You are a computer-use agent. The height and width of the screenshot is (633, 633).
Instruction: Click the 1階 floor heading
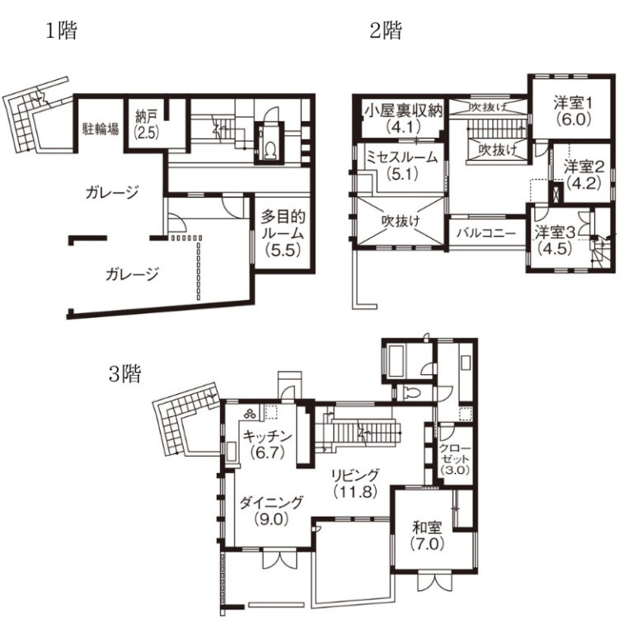pyautogui.click(x=61, y=30)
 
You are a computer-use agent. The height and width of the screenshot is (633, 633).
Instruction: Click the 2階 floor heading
pyautogui.click(x=386, y=30)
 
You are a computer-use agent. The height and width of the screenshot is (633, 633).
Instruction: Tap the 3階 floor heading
pyautogui.click(x=125, y=374)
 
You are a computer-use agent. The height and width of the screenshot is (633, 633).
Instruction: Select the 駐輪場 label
pyautogui.click(x=101, y=129)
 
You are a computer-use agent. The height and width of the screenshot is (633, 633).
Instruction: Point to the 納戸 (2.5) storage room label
pyautogui.click(x=146, y=124)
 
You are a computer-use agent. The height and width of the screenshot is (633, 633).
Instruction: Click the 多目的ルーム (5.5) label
pyautogui.click(x=283, y=234)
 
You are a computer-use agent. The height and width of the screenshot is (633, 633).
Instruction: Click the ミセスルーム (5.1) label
pyautogui.click(x=401, y=166)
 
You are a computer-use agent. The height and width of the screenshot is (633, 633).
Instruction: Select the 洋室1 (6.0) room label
pyautogui.click(x=574, y=111)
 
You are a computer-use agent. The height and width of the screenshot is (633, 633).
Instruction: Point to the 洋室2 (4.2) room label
pyautogui.click(x=584, y=175)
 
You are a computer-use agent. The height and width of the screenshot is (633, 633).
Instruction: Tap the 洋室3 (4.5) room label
pyautogui.click(x=555, y=241)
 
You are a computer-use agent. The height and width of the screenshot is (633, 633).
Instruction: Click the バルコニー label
pyautogui.click(x=486, y=233)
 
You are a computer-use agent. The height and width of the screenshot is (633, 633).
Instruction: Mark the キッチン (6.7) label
pyautogui.click(x=267, y=444)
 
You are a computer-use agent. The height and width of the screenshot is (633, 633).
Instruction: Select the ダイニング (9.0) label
pyautogui.click(x=271, y=511)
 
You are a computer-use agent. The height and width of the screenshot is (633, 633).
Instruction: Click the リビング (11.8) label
pyautogui.click(x=355, y=483)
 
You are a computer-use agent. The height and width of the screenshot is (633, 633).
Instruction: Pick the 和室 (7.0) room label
pyautogui.click(x=427, y=536)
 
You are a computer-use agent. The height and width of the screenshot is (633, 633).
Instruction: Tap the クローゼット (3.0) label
pyautogui.click(x=455, y=459)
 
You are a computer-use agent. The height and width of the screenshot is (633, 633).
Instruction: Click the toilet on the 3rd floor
pyautogui.click(x=413, y=392)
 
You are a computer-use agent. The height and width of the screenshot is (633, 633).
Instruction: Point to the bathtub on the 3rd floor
pyautogui.click(x=396, y=360)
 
